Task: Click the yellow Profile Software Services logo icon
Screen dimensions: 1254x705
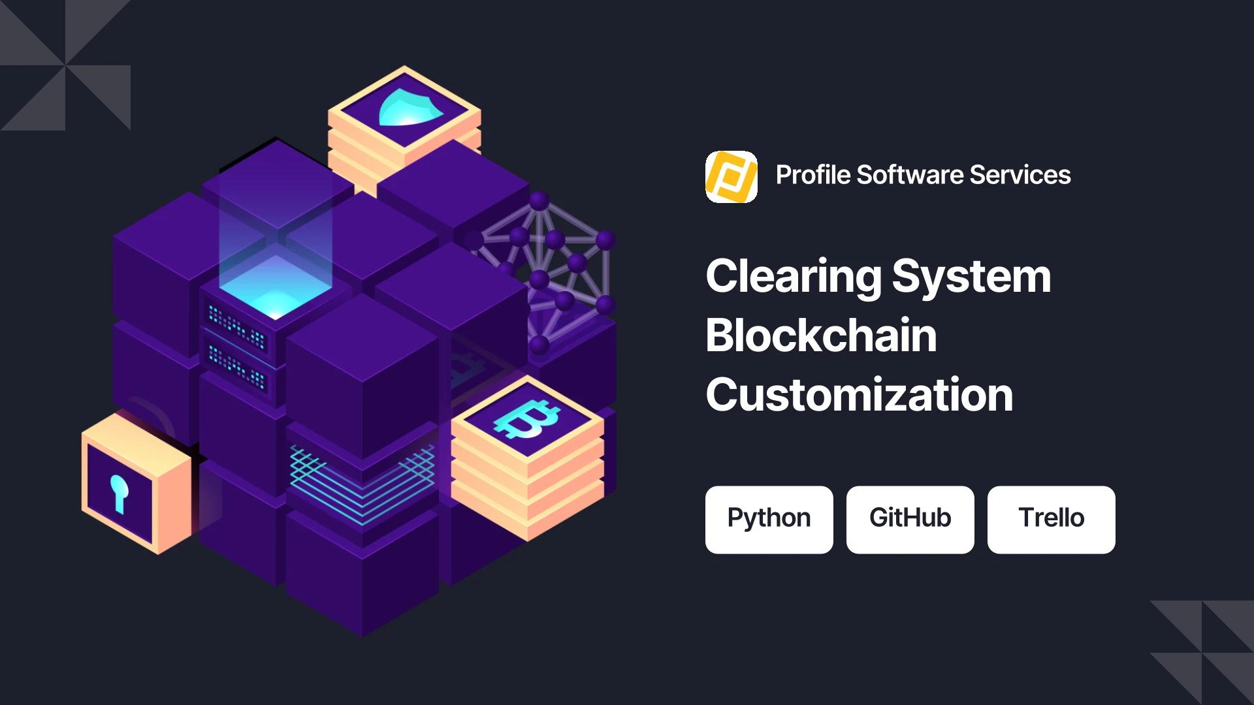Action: (731, 177)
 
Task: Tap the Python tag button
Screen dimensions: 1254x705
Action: (769, 520)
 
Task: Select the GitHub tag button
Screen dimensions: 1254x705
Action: (910, 520)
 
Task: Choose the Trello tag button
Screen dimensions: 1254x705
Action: (1052, 520)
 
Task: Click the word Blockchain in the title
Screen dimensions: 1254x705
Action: (821, 336)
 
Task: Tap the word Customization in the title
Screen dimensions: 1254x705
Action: (860, 395)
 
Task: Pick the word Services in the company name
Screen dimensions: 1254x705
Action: (1020, 175)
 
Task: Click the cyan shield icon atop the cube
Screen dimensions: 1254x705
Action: (410, 106)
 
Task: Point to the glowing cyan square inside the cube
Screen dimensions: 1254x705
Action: (275, 288)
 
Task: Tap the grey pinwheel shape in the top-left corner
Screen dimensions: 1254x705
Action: (65, 65)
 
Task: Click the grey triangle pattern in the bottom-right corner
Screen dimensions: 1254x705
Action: (1202, 653)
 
